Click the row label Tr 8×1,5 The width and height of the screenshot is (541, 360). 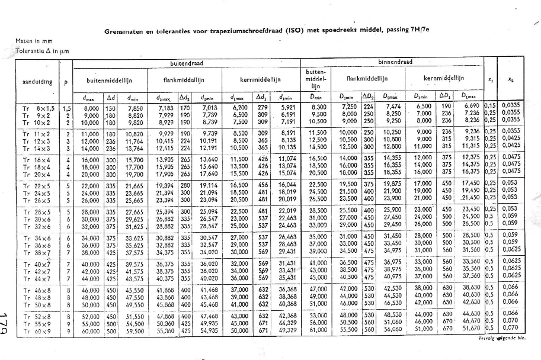[x=40, y=108]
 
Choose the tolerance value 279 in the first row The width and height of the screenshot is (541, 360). [x=261, y=108]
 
